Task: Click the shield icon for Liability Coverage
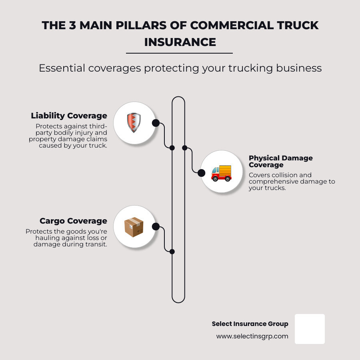click(134, 123)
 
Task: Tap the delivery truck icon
click(221, 173)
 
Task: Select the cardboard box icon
click(134, 227)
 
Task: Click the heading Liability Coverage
click(69, 116)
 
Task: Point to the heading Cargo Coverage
click(73, 221)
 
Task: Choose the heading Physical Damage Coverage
click(281, 161)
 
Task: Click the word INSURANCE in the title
click(180, 42)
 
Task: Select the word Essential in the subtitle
click(62, 68)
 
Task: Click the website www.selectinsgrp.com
click(252, 336)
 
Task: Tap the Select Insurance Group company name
click(250, 324)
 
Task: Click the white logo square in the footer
click(310, 329)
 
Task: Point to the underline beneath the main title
click(179, 53)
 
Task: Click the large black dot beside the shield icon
click(156, 123)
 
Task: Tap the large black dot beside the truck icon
click(202, 173)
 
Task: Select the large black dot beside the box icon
click(156, 227)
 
